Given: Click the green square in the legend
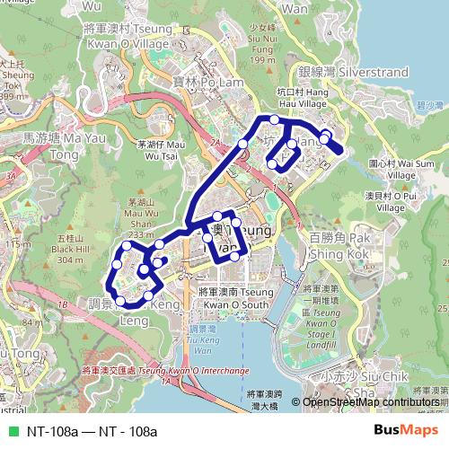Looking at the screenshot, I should point(13,431).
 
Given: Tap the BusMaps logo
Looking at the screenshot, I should point(405,431).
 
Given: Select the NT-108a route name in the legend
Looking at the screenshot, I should point(92,431).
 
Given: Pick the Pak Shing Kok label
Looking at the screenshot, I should point(339,245).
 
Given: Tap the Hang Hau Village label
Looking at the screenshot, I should point(303,97).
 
